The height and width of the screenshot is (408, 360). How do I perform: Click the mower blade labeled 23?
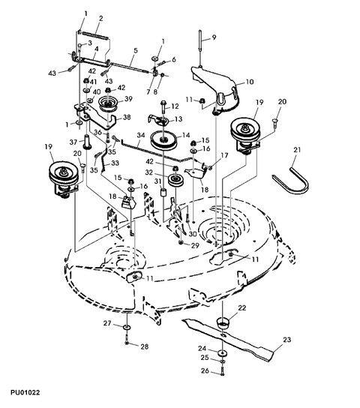click(240, 344)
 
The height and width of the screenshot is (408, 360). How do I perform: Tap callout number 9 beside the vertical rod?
click(213, 37)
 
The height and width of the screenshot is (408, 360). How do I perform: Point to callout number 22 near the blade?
click(241, 307)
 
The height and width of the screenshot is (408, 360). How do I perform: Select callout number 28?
click(145, 346)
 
